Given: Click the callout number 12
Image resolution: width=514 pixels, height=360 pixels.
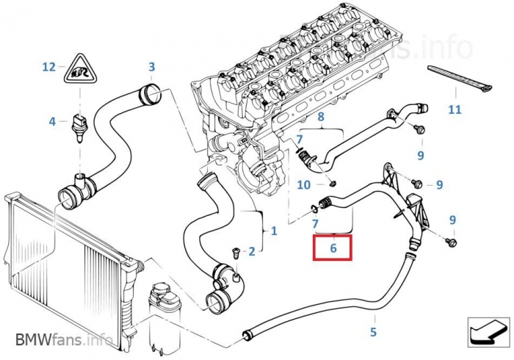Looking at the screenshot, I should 48,67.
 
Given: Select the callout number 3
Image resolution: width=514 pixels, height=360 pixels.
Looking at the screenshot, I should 151,67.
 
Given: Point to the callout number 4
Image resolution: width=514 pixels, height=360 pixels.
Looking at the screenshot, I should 52,121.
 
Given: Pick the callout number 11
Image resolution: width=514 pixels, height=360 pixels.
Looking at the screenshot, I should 455,110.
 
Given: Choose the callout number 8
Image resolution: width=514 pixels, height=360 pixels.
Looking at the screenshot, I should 320,118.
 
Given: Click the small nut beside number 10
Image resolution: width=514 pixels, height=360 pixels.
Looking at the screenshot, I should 332,182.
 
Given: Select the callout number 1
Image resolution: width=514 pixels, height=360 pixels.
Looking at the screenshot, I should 274,231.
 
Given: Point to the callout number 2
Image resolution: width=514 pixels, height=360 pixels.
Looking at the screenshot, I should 251,252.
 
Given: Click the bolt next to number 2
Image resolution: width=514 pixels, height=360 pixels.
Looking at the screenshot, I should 235,252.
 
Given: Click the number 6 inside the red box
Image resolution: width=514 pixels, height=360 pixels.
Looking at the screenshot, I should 333,248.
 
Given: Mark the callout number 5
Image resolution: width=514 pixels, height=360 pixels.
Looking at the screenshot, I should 373,331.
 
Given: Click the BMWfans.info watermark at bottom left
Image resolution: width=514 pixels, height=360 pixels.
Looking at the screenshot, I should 63,340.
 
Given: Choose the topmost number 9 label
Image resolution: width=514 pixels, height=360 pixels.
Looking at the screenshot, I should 421,155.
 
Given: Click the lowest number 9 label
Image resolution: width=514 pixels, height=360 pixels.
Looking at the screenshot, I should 452,220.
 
